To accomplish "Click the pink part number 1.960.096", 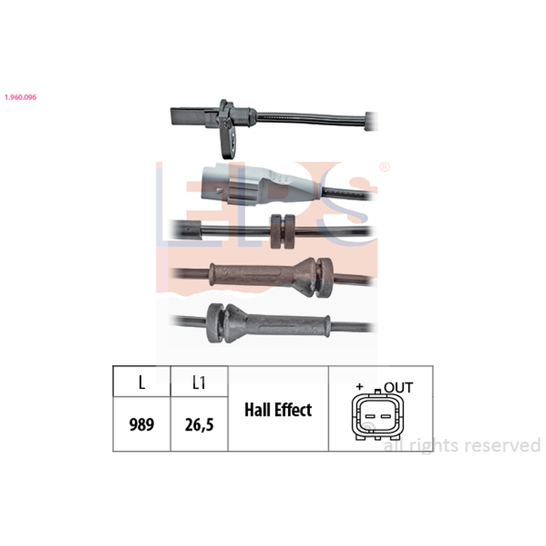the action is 20,97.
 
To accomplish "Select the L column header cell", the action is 142,382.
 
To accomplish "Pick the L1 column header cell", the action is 199,382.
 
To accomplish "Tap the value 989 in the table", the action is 142,425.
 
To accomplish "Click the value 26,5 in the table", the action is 199,425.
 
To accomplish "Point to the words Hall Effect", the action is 278,409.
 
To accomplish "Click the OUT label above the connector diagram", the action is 399,388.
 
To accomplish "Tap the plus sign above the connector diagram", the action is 360,386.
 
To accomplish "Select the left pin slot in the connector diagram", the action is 370,416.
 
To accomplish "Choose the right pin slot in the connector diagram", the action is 385,416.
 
